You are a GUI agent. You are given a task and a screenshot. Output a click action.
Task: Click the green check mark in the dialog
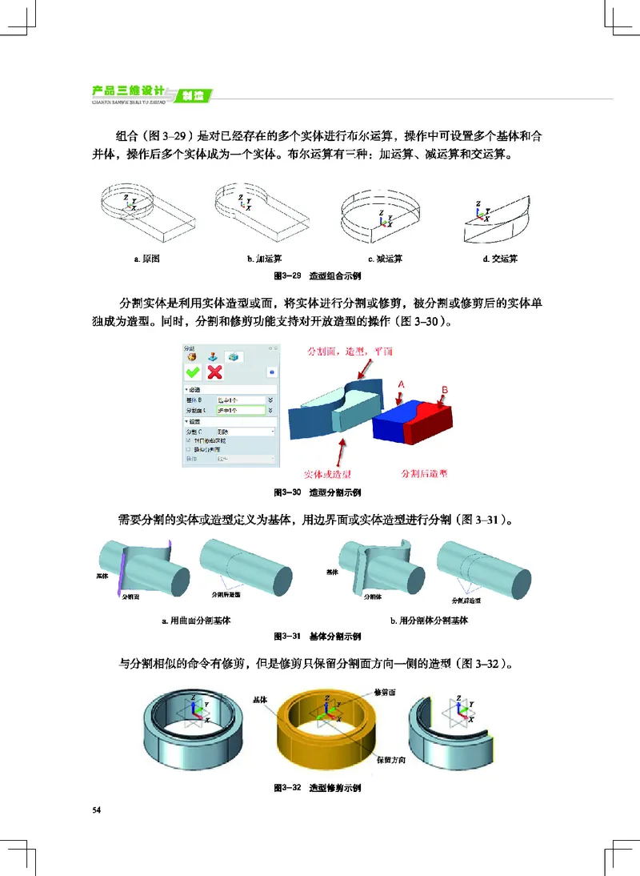[x=193, y=372]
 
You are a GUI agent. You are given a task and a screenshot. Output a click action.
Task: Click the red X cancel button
[x=214, y=372]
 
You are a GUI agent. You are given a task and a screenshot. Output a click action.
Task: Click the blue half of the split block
[x=390, y=420]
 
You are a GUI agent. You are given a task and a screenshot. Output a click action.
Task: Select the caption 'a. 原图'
[x=147, y=259]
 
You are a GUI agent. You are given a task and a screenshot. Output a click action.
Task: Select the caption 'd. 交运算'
[x=501, y=259]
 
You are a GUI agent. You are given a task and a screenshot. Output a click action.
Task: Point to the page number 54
[x=97, y=811]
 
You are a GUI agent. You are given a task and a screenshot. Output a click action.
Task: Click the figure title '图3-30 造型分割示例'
[x=318, y=492]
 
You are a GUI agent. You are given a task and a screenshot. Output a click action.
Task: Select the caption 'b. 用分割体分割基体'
[x=429, y=620]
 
